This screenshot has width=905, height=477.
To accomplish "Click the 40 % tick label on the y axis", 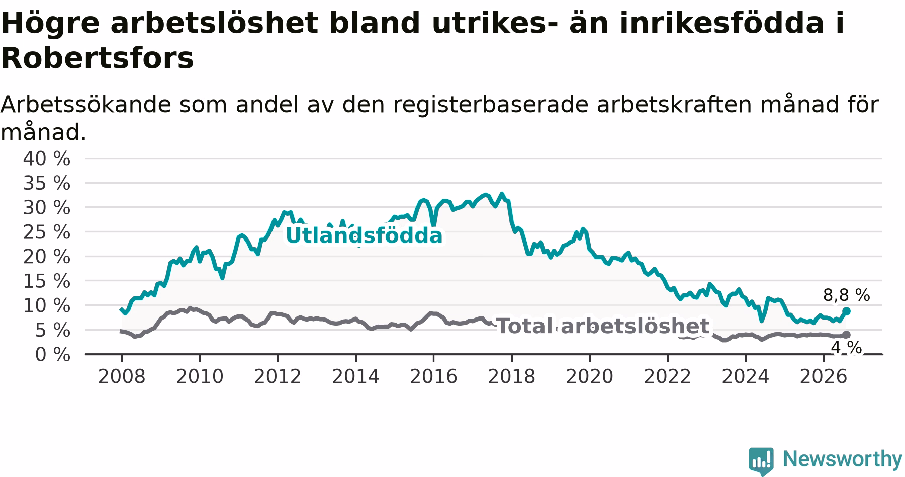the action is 46,159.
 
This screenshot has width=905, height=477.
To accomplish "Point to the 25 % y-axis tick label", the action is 46,232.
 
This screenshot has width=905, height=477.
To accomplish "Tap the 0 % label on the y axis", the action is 52,355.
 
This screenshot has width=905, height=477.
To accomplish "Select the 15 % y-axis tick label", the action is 46,281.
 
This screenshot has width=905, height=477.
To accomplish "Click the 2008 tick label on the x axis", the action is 121,376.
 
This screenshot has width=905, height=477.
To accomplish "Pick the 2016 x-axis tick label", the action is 433,376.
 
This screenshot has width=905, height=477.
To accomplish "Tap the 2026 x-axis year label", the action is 824,376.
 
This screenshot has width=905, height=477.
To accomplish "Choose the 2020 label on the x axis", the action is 590,376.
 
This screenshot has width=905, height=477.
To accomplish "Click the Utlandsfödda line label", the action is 364,235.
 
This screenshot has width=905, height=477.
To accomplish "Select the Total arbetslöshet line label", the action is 603,326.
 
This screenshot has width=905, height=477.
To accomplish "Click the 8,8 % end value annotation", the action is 846,295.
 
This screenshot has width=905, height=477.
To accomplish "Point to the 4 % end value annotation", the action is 846,348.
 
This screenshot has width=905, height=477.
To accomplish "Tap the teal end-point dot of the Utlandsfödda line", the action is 846,311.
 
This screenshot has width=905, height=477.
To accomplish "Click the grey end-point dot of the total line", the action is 846,335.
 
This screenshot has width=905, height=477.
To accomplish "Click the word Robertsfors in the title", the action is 97,58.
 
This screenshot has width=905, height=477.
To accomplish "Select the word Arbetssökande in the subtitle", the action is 80,105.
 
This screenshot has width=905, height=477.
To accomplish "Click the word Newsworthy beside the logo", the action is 843,459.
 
